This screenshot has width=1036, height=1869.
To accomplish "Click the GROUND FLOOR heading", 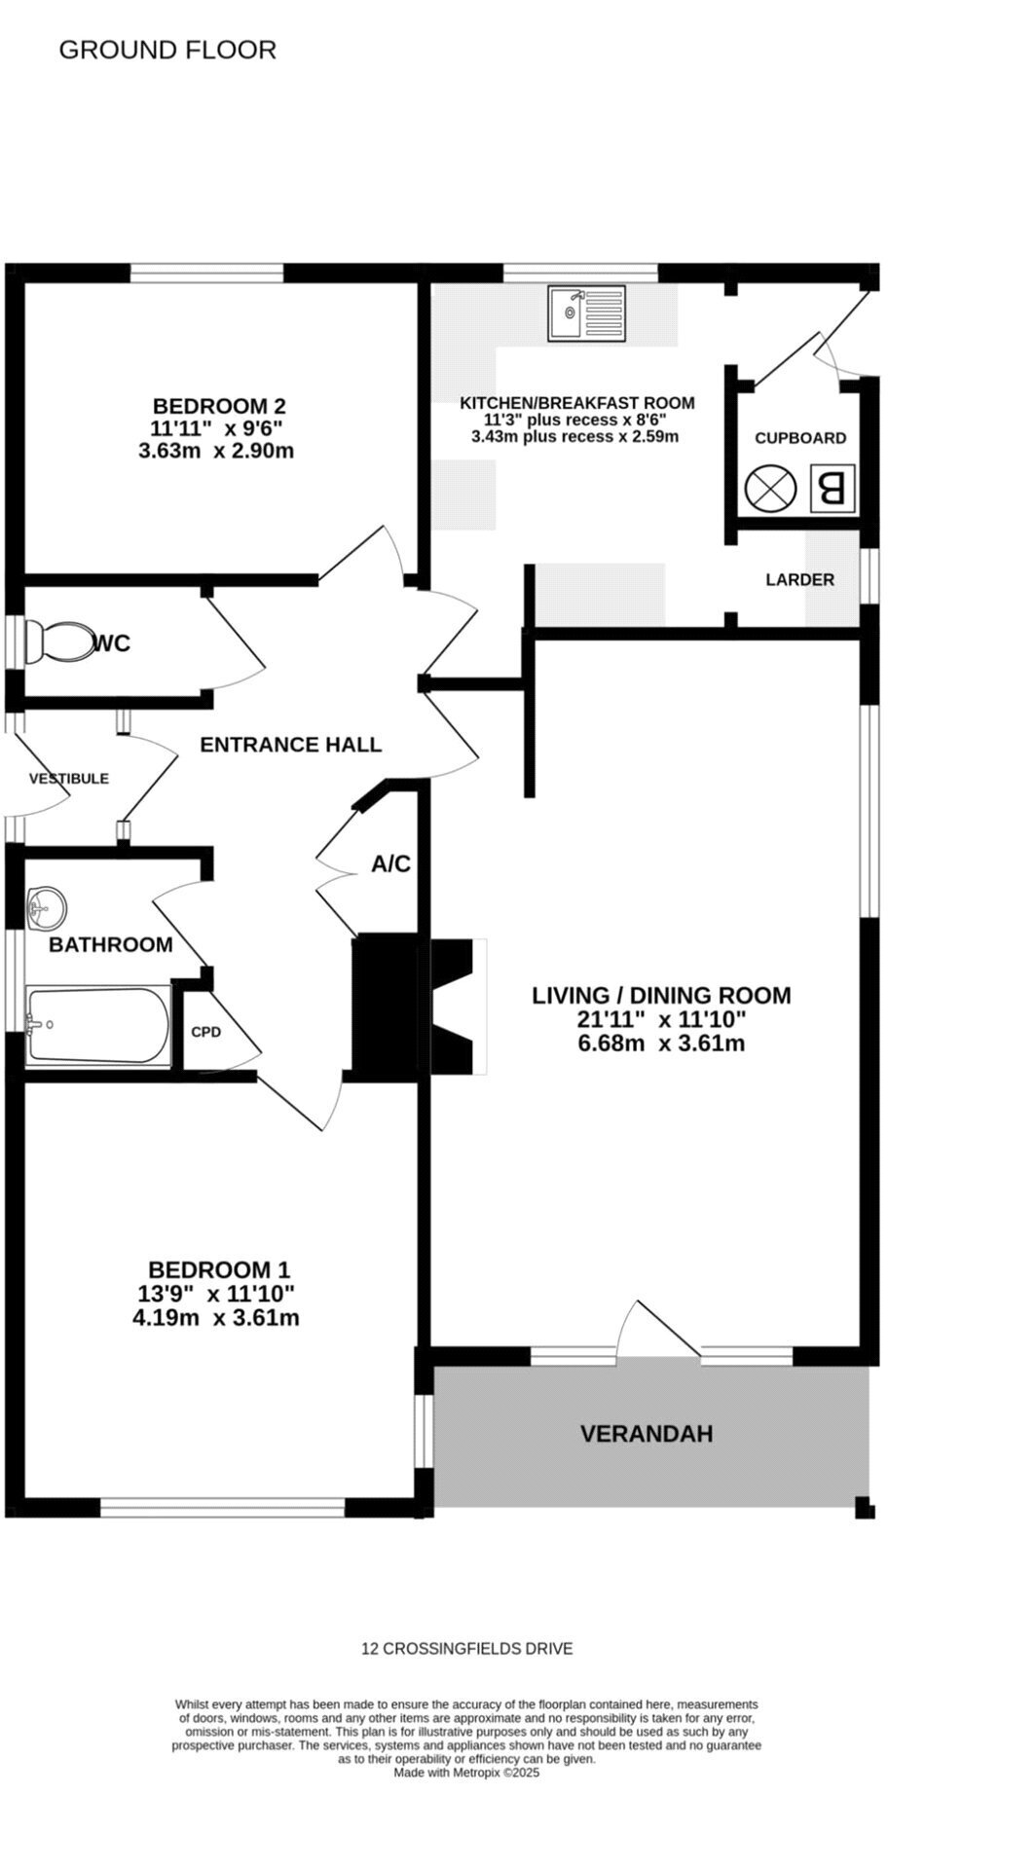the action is [x=167, y=50].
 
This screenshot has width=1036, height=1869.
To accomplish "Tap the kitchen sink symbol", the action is [x=586, y=313].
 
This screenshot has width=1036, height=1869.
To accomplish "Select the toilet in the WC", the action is [x=57, y=641].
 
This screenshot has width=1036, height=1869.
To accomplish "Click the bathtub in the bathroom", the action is [x=98, y=1025].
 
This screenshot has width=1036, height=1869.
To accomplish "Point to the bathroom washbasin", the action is [x=46, y=908].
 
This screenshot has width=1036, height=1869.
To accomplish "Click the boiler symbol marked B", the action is [x=832, y=488].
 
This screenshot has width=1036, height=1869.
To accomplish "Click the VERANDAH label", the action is [x=647, y=1434].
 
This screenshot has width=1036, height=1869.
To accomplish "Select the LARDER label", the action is [x=799, y=580].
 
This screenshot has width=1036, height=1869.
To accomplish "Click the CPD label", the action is [x=205, y=1032].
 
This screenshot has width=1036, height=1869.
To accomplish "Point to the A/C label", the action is [x=391, y=863].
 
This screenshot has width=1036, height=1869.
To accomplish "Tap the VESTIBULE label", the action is [x=68, y=779].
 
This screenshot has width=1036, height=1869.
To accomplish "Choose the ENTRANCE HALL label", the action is [x=290, y=745].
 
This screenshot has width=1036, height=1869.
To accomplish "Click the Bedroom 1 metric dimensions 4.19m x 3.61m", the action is [x=215, y=1318].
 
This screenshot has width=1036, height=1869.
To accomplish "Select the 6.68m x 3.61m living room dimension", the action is [x=661, y=1044].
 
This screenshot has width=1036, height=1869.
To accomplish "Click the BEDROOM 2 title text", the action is [x=219, y=406].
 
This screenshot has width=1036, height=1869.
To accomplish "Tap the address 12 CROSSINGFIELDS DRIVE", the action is [x=466, y=1649].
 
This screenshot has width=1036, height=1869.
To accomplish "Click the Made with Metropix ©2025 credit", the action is [x=466, y=1773].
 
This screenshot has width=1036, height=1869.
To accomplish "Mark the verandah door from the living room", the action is [x=658, y=1329].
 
